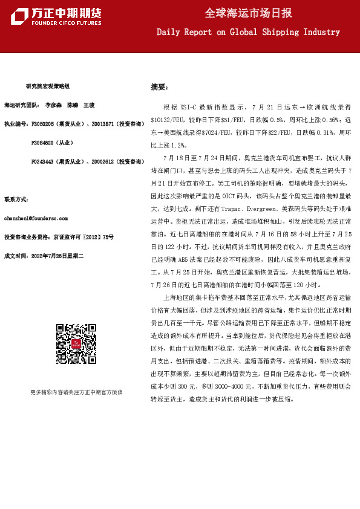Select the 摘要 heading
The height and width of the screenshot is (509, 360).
click(159, 87)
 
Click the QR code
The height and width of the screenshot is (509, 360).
click(77, 345)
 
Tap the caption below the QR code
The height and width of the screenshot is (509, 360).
click(76, 392)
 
